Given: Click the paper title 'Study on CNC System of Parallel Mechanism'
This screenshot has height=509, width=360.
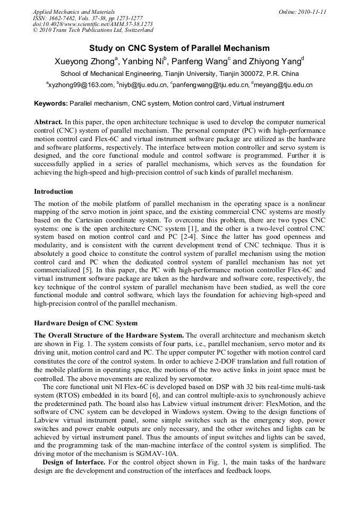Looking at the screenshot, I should click(179, 48).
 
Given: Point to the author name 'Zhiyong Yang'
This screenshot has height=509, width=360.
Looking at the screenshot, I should click(276, 61).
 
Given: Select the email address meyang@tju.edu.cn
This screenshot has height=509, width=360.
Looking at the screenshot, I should click(284, 85).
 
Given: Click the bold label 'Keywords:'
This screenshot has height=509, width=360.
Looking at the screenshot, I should click(51, 103).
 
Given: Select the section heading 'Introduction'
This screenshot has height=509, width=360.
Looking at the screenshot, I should click(54, 192).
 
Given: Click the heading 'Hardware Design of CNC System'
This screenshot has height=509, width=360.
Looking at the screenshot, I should click(85, 323).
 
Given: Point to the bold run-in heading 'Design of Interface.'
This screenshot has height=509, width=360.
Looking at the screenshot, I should click(73, 462).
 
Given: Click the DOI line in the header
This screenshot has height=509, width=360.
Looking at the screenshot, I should click(93, 24).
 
